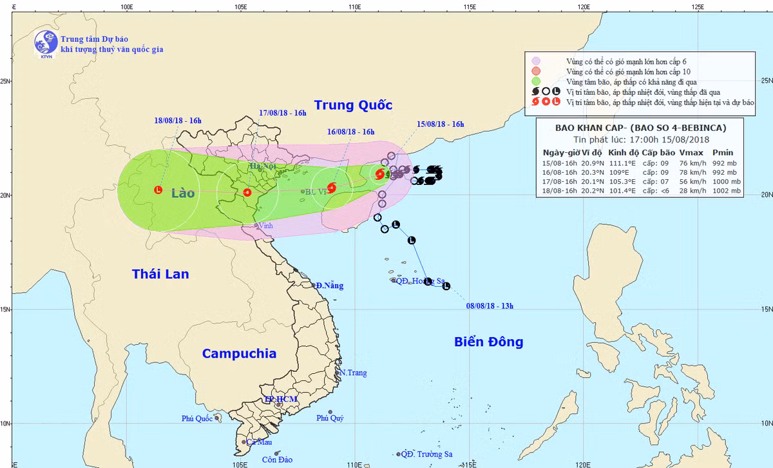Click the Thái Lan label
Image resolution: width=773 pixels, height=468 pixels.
(160, 274)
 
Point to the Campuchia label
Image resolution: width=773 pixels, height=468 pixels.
(239, 353)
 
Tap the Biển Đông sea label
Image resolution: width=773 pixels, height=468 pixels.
(489, 342)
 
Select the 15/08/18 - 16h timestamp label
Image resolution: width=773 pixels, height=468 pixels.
(441, 124)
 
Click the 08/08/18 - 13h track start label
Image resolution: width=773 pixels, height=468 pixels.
(490, 306)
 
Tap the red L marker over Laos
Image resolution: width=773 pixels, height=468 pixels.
(158, 190)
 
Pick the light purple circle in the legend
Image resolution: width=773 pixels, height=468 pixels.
(535, 61)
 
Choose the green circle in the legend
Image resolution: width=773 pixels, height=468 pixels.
(535, 82)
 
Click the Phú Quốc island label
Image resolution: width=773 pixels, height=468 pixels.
(196, 418)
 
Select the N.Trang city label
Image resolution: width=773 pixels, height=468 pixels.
(353, 373)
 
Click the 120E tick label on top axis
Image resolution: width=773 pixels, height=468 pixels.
(584, 6)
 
